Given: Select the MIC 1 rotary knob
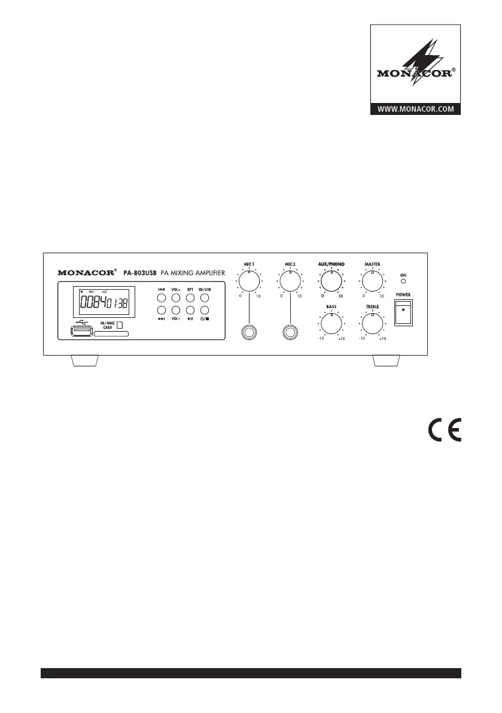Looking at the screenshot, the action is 249,281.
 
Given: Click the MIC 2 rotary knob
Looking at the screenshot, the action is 290,281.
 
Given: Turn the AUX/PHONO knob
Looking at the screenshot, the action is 331,281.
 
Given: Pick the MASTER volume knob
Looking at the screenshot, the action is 372,281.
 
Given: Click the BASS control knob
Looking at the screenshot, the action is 331,323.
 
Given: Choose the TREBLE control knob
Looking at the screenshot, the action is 372,323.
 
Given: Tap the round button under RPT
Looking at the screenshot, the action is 190,310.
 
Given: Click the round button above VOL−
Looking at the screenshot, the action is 176,310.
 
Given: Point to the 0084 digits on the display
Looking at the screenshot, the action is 91,302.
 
